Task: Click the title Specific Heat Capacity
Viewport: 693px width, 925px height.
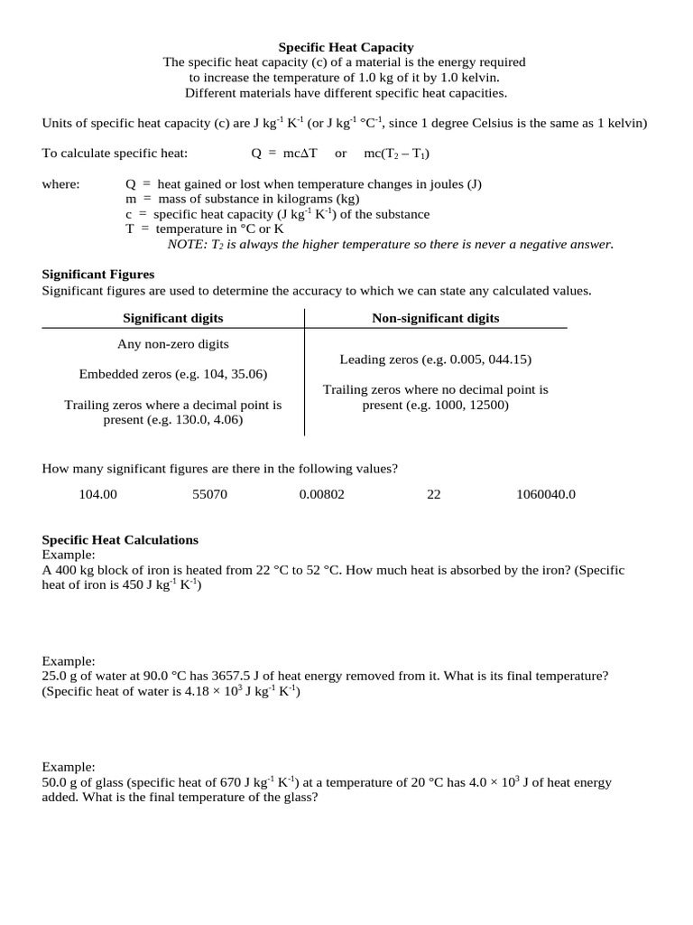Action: (346, 47)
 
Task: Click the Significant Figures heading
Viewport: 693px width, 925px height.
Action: (98, 274)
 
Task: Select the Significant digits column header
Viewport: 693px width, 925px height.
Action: (173, 318)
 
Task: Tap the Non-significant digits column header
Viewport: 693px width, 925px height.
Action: (436, 318)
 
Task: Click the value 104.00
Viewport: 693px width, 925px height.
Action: (98, 494)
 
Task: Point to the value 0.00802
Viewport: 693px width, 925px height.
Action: (322, 494)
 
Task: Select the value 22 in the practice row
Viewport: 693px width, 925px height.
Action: (433, 494)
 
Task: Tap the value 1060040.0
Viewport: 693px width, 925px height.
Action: (546, 494)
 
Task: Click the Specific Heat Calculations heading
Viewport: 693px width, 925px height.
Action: (120, 539)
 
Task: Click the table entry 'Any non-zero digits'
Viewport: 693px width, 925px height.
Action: (173, 344)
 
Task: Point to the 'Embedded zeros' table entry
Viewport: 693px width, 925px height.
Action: (173, 374)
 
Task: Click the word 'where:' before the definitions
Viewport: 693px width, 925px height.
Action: (61, 184)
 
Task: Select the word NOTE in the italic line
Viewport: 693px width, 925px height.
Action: (187, 244)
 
